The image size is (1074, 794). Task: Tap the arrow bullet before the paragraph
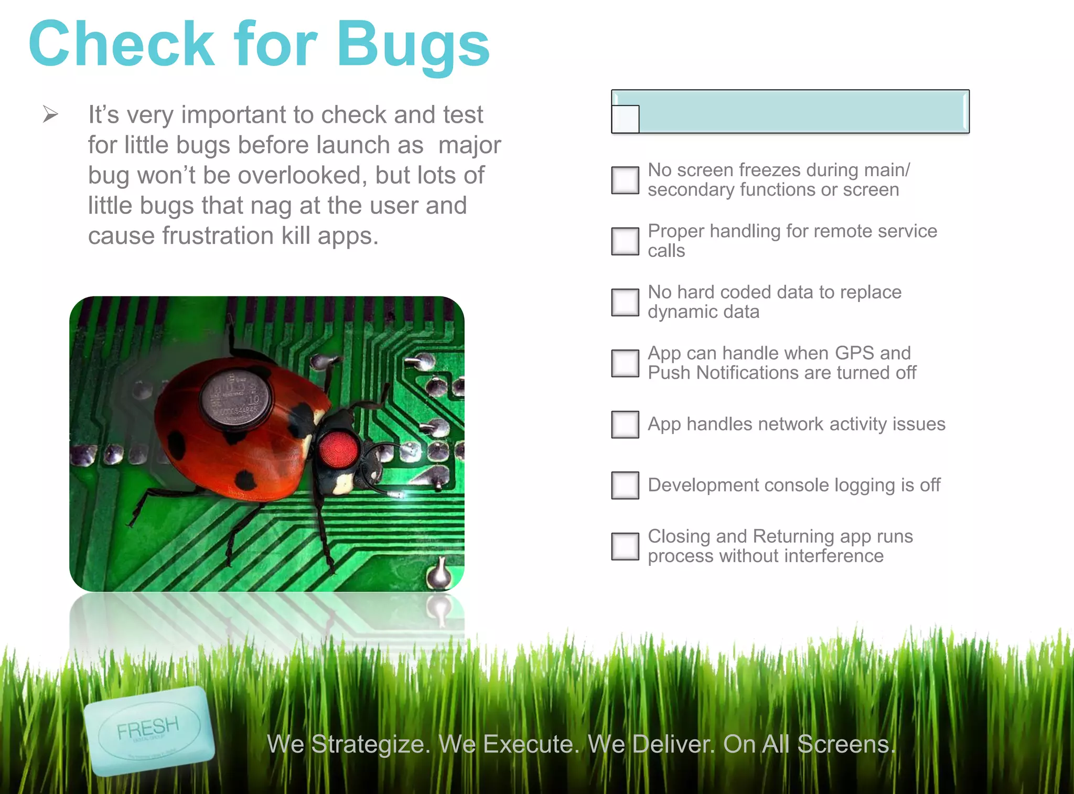(x=50, y=114)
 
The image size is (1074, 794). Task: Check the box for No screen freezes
(x=625, y=180)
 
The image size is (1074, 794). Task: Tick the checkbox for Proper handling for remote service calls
(x=625, y=241)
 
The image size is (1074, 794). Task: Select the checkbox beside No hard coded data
(x=625, y=303)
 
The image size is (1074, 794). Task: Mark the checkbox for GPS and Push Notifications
(x=625, y=363)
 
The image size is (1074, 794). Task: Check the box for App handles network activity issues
(x=625, y=424)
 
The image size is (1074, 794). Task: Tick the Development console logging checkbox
(x=625, y=485)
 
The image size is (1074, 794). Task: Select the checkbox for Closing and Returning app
(x=625, y=546)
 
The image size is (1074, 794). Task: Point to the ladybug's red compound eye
(x=338, y=449)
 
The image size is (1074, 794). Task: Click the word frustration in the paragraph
(x=218, y=236)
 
